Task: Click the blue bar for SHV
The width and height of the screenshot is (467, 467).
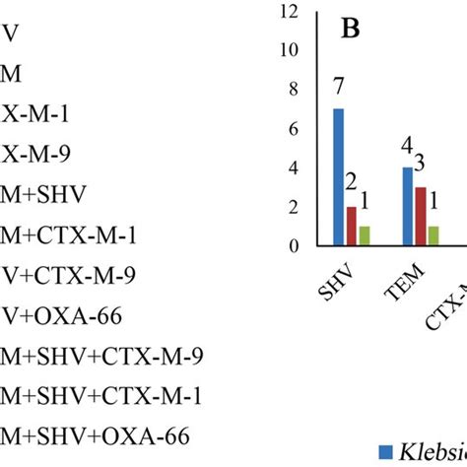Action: (x=339, y=177)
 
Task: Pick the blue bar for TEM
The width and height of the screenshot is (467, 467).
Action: (x=408, y=207)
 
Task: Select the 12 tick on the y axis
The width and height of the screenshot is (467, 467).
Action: (x=288, y=12)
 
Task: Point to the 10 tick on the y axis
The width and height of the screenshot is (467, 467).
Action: (x=288, y=50)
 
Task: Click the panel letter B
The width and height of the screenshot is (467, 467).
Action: (x=350, y=29)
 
